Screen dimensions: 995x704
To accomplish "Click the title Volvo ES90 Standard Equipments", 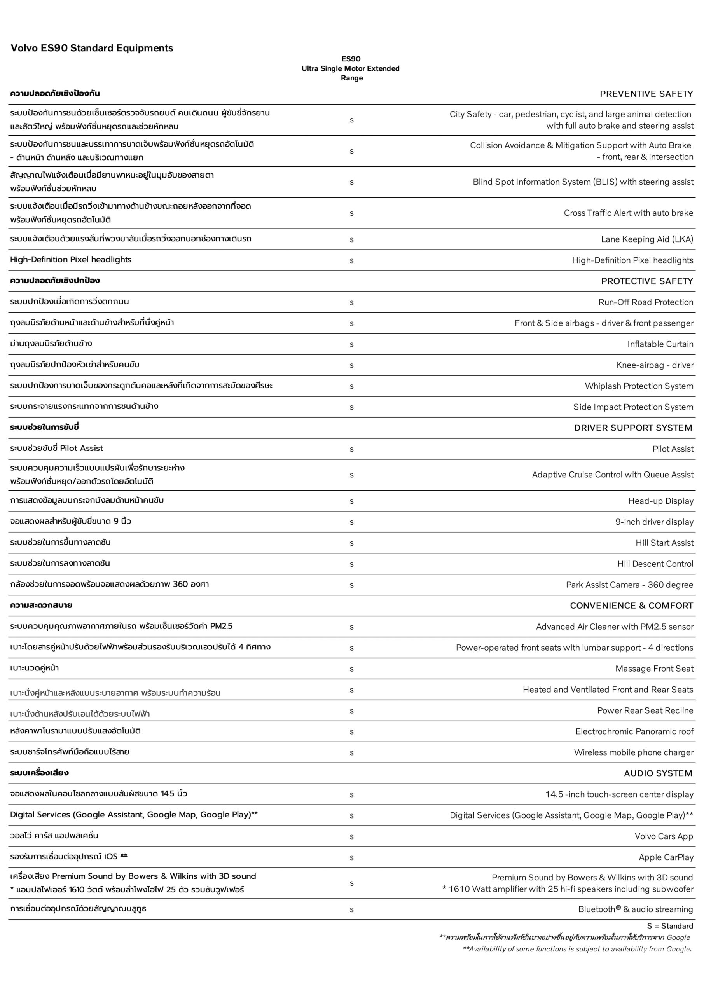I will pos(91,48).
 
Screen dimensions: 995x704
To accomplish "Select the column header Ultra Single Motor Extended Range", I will pos(351,68).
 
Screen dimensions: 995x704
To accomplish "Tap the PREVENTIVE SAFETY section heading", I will pos(646,94).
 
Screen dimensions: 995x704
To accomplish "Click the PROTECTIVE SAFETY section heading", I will pos(647,281).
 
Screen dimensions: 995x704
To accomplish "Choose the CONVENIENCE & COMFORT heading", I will pos(631,606).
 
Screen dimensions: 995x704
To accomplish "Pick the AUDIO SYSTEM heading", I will pos(658,773).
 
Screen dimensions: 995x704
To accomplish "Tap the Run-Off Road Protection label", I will pos(645,302).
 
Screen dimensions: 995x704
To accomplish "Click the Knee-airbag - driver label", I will pos(655,365).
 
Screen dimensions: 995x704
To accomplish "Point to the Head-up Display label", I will pos(660,501).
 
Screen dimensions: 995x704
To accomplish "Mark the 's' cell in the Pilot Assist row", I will pos(351,449).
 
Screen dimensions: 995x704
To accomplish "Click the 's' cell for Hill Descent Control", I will pos(351,564).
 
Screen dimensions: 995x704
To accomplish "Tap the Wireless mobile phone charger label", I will pos(633,752).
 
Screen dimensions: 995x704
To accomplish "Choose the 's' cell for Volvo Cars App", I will pos(351,837).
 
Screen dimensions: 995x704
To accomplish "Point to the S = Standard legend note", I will pos(670,926).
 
